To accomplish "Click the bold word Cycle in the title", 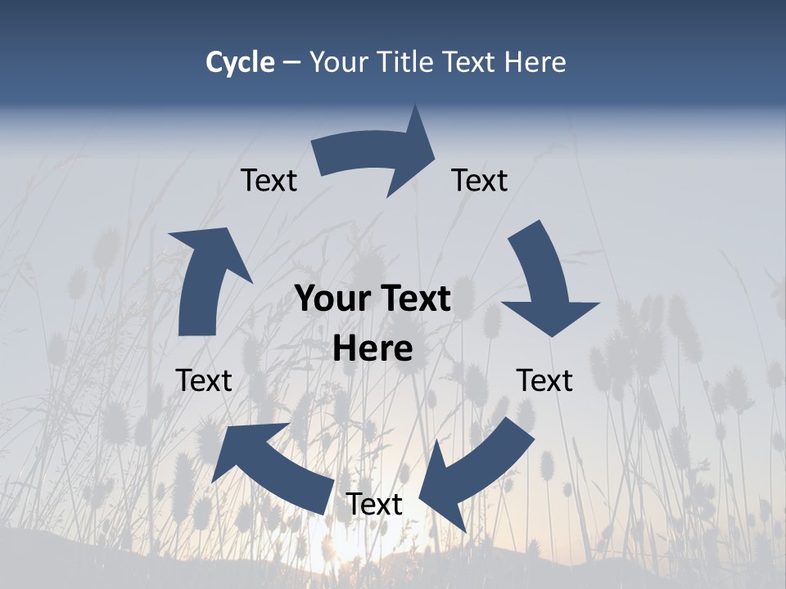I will point(240,62).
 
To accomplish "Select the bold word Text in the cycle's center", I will point(413,299).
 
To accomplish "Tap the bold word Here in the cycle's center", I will point(373,349).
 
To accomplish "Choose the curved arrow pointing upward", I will point(205,278).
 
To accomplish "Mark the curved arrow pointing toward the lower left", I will point(475,470).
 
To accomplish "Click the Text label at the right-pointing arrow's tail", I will point(269,180).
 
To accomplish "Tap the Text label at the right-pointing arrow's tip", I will point(480,180).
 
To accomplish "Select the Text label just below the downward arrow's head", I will point(544,380).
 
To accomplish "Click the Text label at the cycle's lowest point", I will point(374,505).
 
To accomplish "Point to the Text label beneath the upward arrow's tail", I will point(204,380).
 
